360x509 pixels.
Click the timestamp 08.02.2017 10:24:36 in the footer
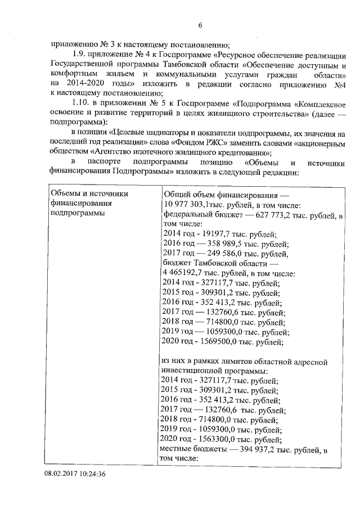[75, 474]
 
